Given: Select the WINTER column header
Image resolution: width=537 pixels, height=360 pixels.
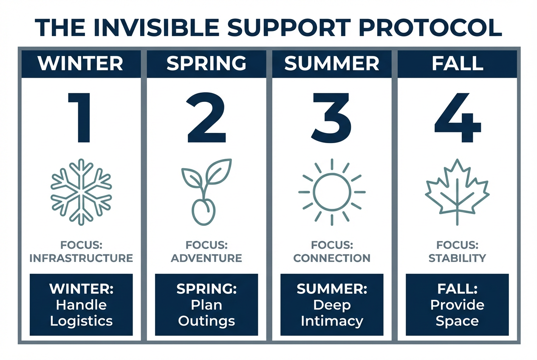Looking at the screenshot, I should (81, 64).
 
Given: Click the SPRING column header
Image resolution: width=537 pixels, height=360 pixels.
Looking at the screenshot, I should (206, 64).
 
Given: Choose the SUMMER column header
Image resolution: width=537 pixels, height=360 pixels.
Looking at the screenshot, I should (331, 64).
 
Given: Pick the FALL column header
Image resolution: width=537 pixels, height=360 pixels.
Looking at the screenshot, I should (457, 64).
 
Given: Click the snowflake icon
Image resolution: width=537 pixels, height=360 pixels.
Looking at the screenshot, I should (81, 191).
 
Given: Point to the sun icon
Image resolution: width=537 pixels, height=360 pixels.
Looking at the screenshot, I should (332, 192).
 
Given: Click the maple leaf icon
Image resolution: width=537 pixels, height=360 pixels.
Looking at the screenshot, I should (457, 191).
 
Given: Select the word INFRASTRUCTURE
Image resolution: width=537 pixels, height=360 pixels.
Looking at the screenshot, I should (81, 258).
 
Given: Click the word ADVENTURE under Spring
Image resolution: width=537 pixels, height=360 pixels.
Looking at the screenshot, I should (206, 258).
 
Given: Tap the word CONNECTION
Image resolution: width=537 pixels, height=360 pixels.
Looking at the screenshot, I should (332, 258).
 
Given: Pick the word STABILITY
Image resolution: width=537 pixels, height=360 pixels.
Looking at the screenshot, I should (457, 258).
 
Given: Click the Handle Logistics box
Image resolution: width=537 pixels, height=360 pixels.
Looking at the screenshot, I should (81, 305).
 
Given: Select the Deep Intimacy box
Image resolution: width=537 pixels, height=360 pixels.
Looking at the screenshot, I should (332, 305).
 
